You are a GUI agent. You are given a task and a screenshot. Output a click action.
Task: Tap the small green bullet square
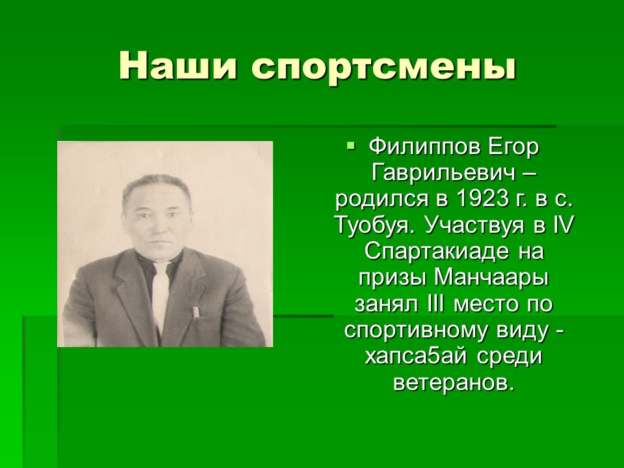[350, 145]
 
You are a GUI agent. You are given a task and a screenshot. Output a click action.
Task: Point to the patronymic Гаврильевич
[444, 174]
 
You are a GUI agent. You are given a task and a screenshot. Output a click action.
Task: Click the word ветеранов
[452, 383]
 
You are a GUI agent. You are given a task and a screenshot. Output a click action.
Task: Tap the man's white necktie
[161, 295]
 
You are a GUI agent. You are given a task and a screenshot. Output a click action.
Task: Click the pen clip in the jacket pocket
[194, 313]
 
